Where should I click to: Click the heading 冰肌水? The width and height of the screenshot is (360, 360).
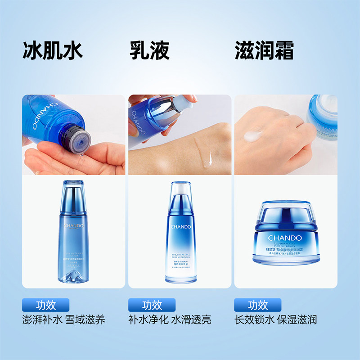tap(53, 51)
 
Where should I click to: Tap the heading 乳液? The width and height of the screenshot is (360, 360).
tap(149, 51)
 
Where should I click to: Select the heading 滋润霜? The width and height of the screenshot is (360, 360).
tap(264, 51)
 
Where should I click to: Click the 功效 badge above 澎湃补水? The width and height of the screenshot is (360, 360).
tap(46, 305)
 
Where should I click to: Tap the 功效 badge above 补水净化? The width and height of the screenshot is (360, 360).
tap(152, 305)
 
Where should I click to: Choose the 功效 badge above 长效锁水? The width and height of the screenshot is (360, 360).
tap(258, 305)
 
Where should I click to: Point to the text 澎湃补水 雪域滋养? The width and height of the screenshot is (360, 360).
tap(63, 320)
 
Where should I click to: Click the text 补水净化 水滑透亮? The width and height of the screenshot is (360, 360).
tap(170, 320)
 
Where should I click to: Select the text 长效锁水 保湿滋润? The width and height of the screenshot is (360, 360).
tap(275, 320)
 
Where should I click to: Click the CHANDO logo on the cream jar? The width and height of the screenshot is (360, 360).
tap(285, 238)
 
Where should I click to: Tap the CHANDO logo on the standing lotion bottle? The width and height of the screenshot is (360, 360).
tap(182, 227)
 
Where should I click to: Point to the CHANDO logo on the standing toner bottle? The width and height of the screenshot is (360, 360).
tap(74, 225)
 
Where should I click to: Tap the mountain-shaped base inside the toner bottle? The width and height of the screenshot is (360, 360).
tap(74, 273)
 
